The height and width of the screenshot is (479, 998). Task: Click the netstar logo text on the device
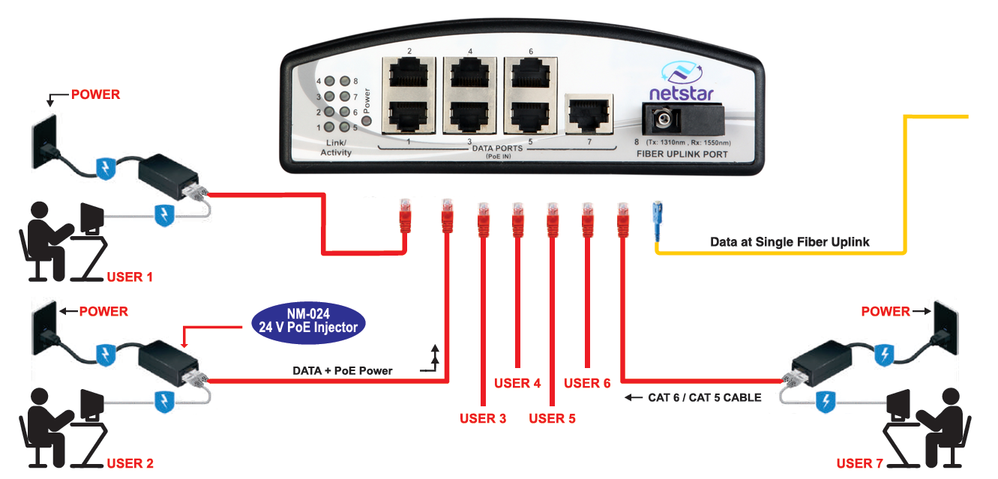682,93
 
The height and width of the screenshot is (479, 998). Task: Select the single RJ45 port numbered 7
589,114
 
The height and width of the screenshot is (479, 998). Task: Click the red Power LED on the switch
366,120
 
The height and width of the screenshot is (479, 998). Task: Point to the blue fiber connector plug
658,220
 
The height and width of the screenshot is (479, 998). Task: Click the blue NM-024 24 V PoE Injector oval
308,322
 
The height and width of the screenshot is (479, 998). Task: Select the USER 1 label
130,277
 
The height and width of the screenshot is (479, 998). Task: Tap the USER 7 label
859,463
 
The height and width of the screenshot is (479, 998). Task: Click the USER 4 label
517,383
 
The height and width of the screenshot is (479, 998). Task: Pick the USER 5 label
552,418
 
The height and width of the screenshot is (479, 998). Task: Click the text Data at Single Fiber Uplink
790,242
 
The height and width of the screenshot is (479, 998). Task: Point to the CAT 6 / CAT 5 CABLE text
704,397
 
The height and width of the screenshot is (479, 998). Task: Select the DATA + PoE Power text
342,371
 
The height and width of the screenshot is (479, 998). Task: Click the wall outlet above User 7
946,328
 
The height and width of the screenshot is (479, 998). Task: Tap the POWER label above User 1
95,94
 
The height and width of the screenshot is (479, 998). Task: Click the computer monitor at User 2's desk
91,404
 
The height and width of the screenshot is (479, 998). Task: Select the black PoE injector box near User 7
821,362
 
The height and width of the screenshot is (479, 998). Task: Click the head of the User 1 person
40,210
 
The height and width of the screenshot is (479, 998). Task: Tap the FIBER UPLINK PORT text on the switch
682,154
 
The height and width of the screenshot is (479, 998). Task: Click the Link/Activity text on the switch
336,148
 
